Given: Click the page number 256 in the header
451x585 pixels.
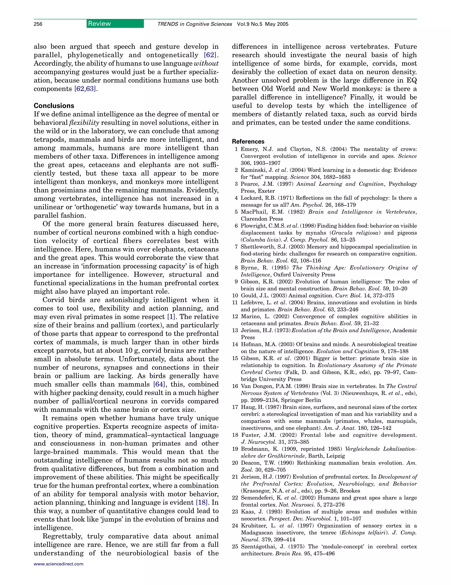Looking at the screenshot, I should pyautogui.click(x=38, y=24).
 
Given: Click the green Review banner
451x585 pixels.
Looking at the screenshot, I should pyautogui.click(x=115, y=24).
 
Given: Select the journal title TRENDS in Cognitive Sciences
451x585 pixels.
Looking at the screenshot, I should pyautogui.click(x=194, y=24).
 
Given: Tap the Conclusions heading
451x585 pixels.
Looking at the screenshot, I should pyautogui.click(x=54, y=105).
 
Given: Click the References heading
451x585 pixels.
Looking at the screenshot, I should pyautogui.click(x=248, y=141).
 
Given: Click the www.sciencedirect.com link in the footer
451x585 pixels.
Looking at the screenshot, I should pyautogui.click(x=58, y=564).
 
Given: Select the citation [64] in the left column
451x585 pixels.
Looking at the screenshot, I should pyautogui.click(x=159, y=384).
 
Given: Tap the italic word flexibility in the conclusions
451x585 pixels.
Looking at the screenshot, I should pyautogui.click(x=84, y=123).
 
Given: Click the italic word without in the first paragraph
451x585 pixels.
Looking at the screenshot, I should pyautogui.click(x=206, y=63).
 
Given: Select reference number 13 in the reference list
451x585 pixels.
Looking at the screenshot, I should pyautogui.click(x=235, y=330).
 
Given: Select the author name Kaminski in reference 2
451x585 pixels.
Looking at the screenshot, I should pyautogui.click(x=252, y=170).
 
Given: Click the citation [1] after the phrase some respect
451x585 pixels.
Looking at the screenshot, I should pyautogui.click(x=171, y=317).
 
